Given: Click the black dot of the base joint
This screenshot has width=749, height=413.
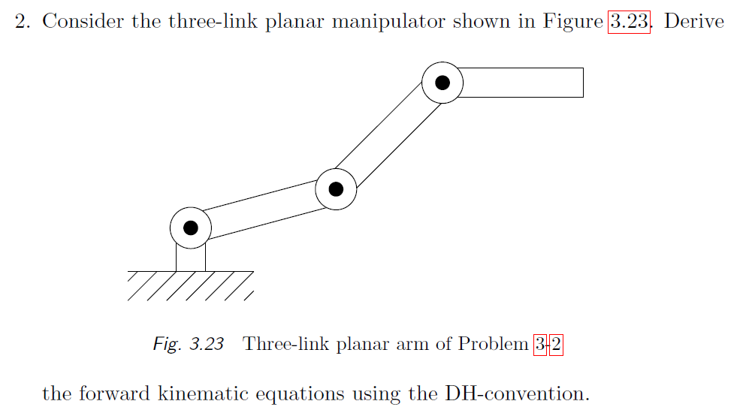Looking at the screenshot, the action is (x=191, y=227).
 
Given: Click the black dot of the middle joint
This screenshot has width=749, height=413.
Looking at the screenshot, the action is (x=336, y=189).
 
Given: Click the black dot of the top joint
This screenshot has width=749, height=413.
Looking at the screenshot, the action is (x=442, y=83).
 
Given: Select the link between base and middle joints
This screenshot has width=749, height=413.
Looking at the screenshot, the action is (x=263, y=208).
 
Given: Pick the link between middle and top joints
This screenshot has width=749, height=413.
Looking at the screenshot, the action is (x=389, y=136).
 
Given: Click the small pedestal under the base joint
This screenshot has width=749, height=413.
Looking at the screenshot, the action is (x=191, y=258).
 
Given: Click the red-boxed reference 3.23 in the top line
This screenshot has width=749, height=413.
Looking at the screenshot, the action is (x=628, y=20).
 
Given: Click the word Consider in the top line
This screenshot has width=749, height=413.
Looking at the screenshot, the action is (x=83, y=20).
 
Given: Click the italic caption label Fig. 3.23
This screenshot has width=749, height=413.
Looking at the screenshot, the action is (x=188, y=345).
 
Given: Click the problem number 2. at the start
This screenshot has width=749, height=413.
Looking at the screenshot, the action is (x=23, y=20).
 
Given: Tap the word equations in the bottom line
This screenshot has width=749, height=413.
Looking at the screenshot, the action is (x=344, y=393).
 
